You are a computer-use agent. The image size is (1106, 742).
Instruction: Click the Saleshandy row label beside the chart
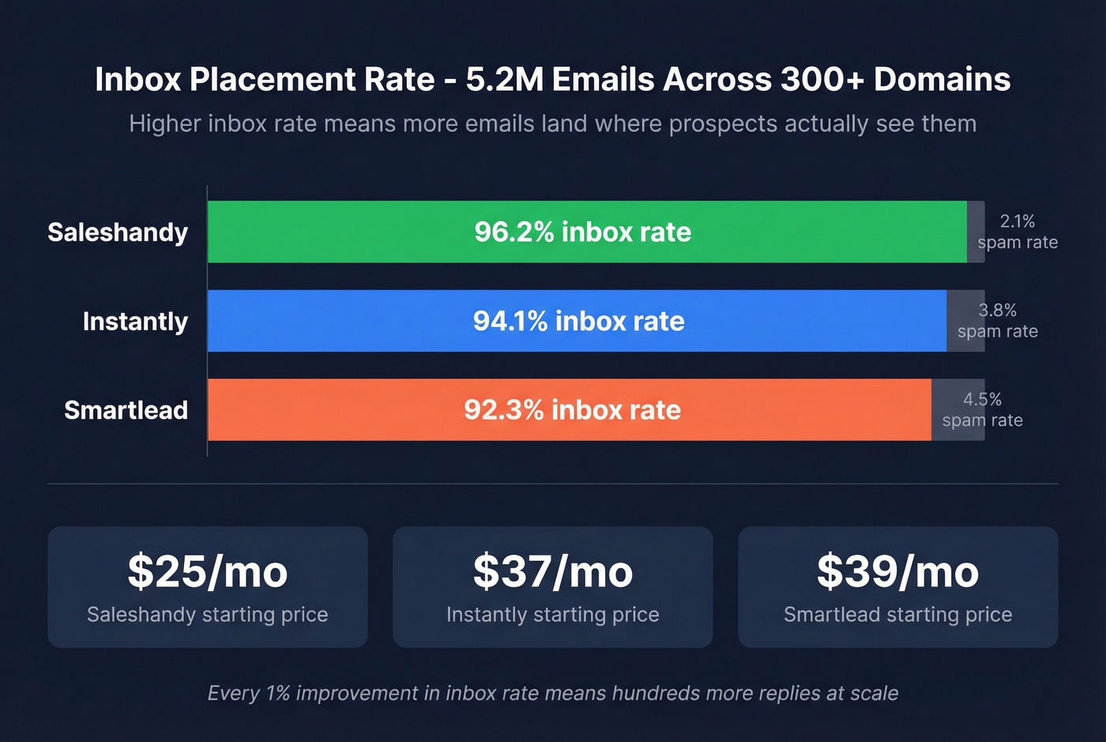pyautogui.click(x=118, y=232)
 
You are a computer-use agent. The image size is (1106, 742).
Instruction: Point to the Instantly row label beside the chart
pyautogui.click(x=135, y=322)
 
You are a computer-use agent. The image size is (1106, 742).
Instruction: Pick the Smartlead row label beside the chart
pyautogui.click(x=126, y=410)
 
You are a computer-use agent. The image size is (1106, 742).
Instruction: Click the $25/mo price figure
pyautogui.click(x=208, y=571)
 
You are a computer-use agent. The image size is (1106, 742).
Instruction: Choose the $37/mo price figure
pyautogui.click(x=553, y=571)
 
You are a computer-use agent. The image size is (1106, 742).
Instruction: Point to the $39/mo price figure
pyautogui.click(x=898, y=571)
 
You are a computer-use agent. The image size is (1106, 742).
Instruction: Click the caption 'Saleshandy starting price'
pyautogui.click(x=208, y=615)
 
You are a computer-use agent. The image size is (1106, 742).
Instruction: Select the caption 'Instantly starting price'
pyautogui.click(x=553, y=615)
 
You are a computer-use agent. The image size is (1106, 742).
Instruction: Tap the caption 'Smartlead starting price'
pyautogui.click(x=898, y=615)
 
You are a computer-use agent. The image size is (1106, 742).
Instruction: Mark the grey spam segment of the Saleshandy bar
pyautogui.click(x=976, y=232)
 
